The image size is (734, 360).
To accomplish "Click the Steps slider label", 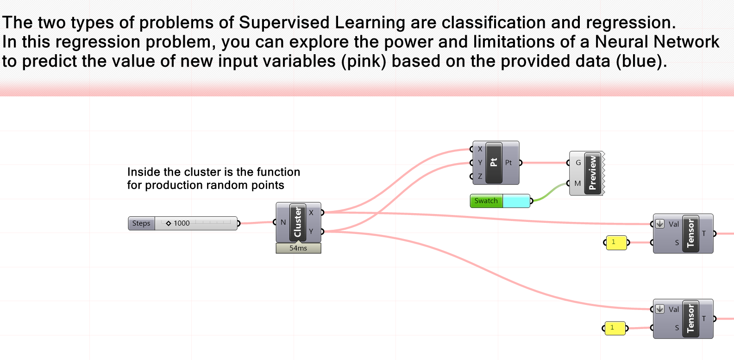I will (x=141, y=223).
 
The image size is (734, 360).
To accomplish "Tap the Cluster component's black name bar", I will (x=298, y=222).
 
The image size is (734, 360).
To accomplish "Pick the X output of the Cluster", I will (x=311, y=213).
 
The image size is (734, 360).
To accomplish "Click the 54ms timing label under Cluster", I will (x=298, y=248).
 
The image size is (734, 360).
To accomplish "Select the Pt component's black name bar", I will (x=494, y=163).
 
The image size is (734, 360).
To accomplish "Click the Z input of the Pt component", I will (x=480, y=177).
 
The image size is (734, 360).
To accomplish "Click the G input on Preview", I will (x=578, y=163).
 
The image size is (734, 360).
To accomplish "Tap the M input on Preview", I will (x=577, y=183).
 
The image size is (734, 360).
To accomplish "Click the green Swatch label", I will (x=486, y=201).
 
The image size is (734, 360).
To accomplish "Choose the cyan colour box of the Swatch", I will (x=516, y=201).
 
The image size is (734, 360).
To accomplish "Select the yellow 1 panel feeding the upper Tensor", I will (x=616, y=242).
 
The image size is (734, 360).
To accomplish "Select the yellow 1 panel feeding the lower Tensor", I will (x=615, y=328).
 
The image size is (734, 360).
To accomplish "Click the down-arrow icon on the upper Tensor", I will (x=660, y=224).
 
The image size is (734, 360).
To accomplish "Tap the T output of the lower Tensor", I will (x=704, y=319).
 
